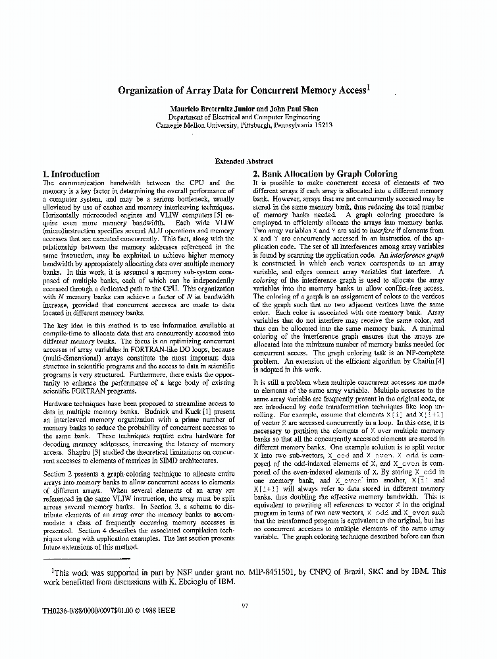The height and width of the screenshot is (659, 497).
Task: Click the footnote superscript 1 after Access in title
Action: click(370, 87)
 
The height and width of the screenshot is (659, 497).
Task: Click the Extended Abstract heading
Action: click(244, 161)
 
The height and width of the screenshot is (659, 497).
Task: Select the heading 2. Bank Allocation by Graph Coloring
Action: click(325, 175)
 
